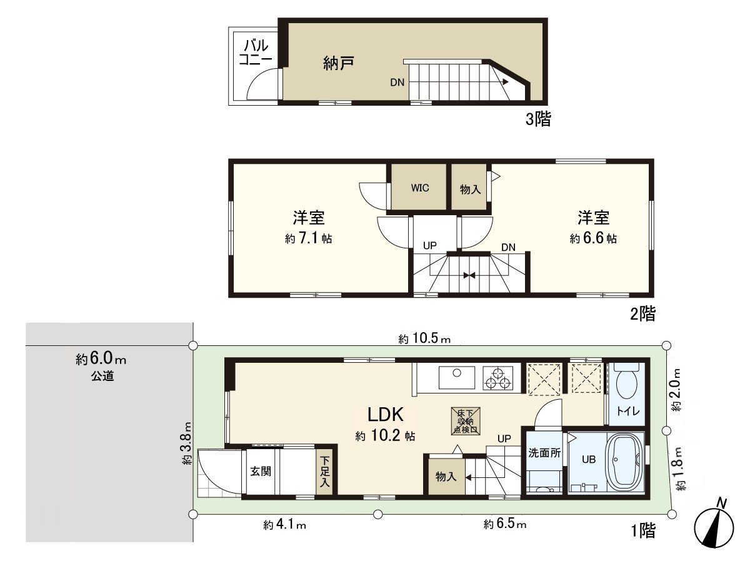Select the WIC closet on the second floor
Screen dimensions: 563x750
pyautogui.click(x=419, y=188)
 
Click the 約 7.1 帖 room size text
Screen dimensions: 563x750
pyautogui.click(x=308, y=238)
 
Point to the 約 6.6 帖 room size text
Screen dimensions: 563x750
pyautogui.click(x=593, y=238)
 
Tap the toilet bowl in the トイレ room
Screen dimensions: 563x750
pyautogui.click(x=625, y=382)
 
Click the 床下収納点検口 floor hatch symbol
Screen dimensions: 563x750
pyautogui.click(x=466, y=422)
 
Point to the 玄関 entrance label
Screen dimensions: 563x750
pyautogui.click(x=261, y=472)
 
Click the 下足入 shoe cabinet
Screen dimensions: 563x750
pyautogui.click(x=325, y=473)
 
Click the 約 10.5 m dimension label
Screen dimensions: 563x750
pyautogui.click(x=424, y=339)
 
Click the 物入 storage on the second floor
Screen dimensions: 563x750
pyautogui.click(x=470, y=188)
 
